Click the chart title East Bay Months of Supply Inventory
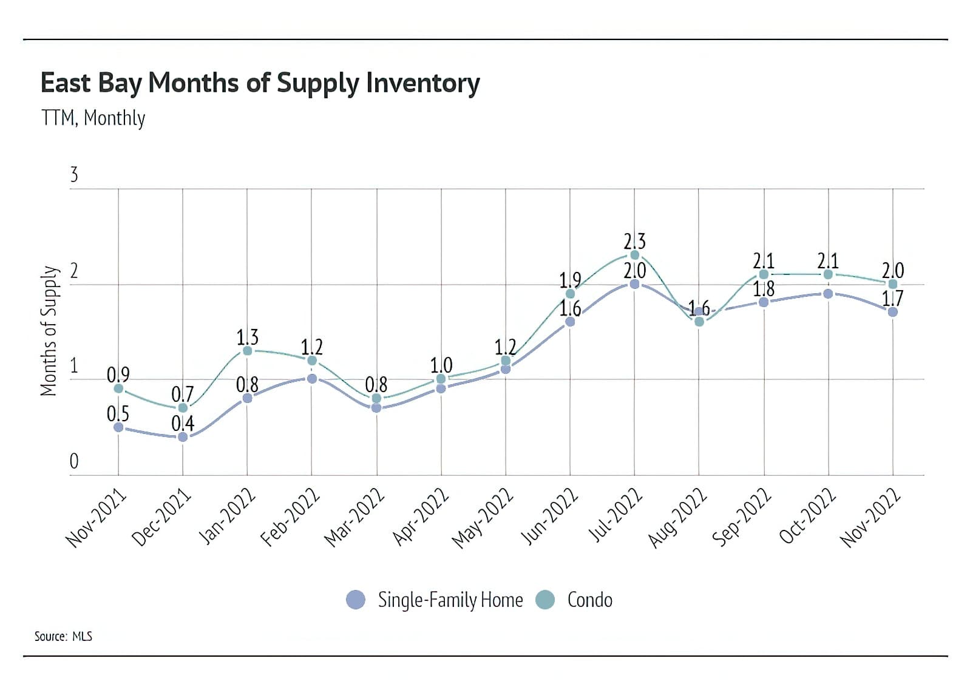tap(260, 83)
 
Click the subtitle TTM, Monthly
tap(93, 118)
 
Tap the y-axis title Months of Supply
tap(49, 331)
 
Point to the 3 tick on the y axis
tap(74, 175)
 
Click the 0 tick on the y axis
tap(74, 462)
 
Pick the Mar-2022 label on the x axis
tap(354, 517)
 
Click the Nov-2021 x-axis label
tap(96, 518)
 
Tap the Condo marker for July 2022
tap(634, 255)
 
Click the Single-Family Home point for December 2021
tap(183, 436)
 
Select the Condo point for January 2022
tap(247, 351)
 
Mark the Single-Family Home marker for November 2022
tap(892, 312)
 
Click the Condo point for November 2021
tap(118, 388)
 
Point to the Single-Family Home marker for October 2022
tap(828, 294)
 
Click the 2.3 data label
tap(634, 241)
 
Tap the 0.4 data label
tap(183, 423)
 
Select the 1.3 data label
tap(247, 337)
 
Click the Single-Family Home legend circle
tap(356, 600)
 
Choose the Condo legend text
tap(589, 600)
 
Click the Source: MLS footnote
tap(63, 636)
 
